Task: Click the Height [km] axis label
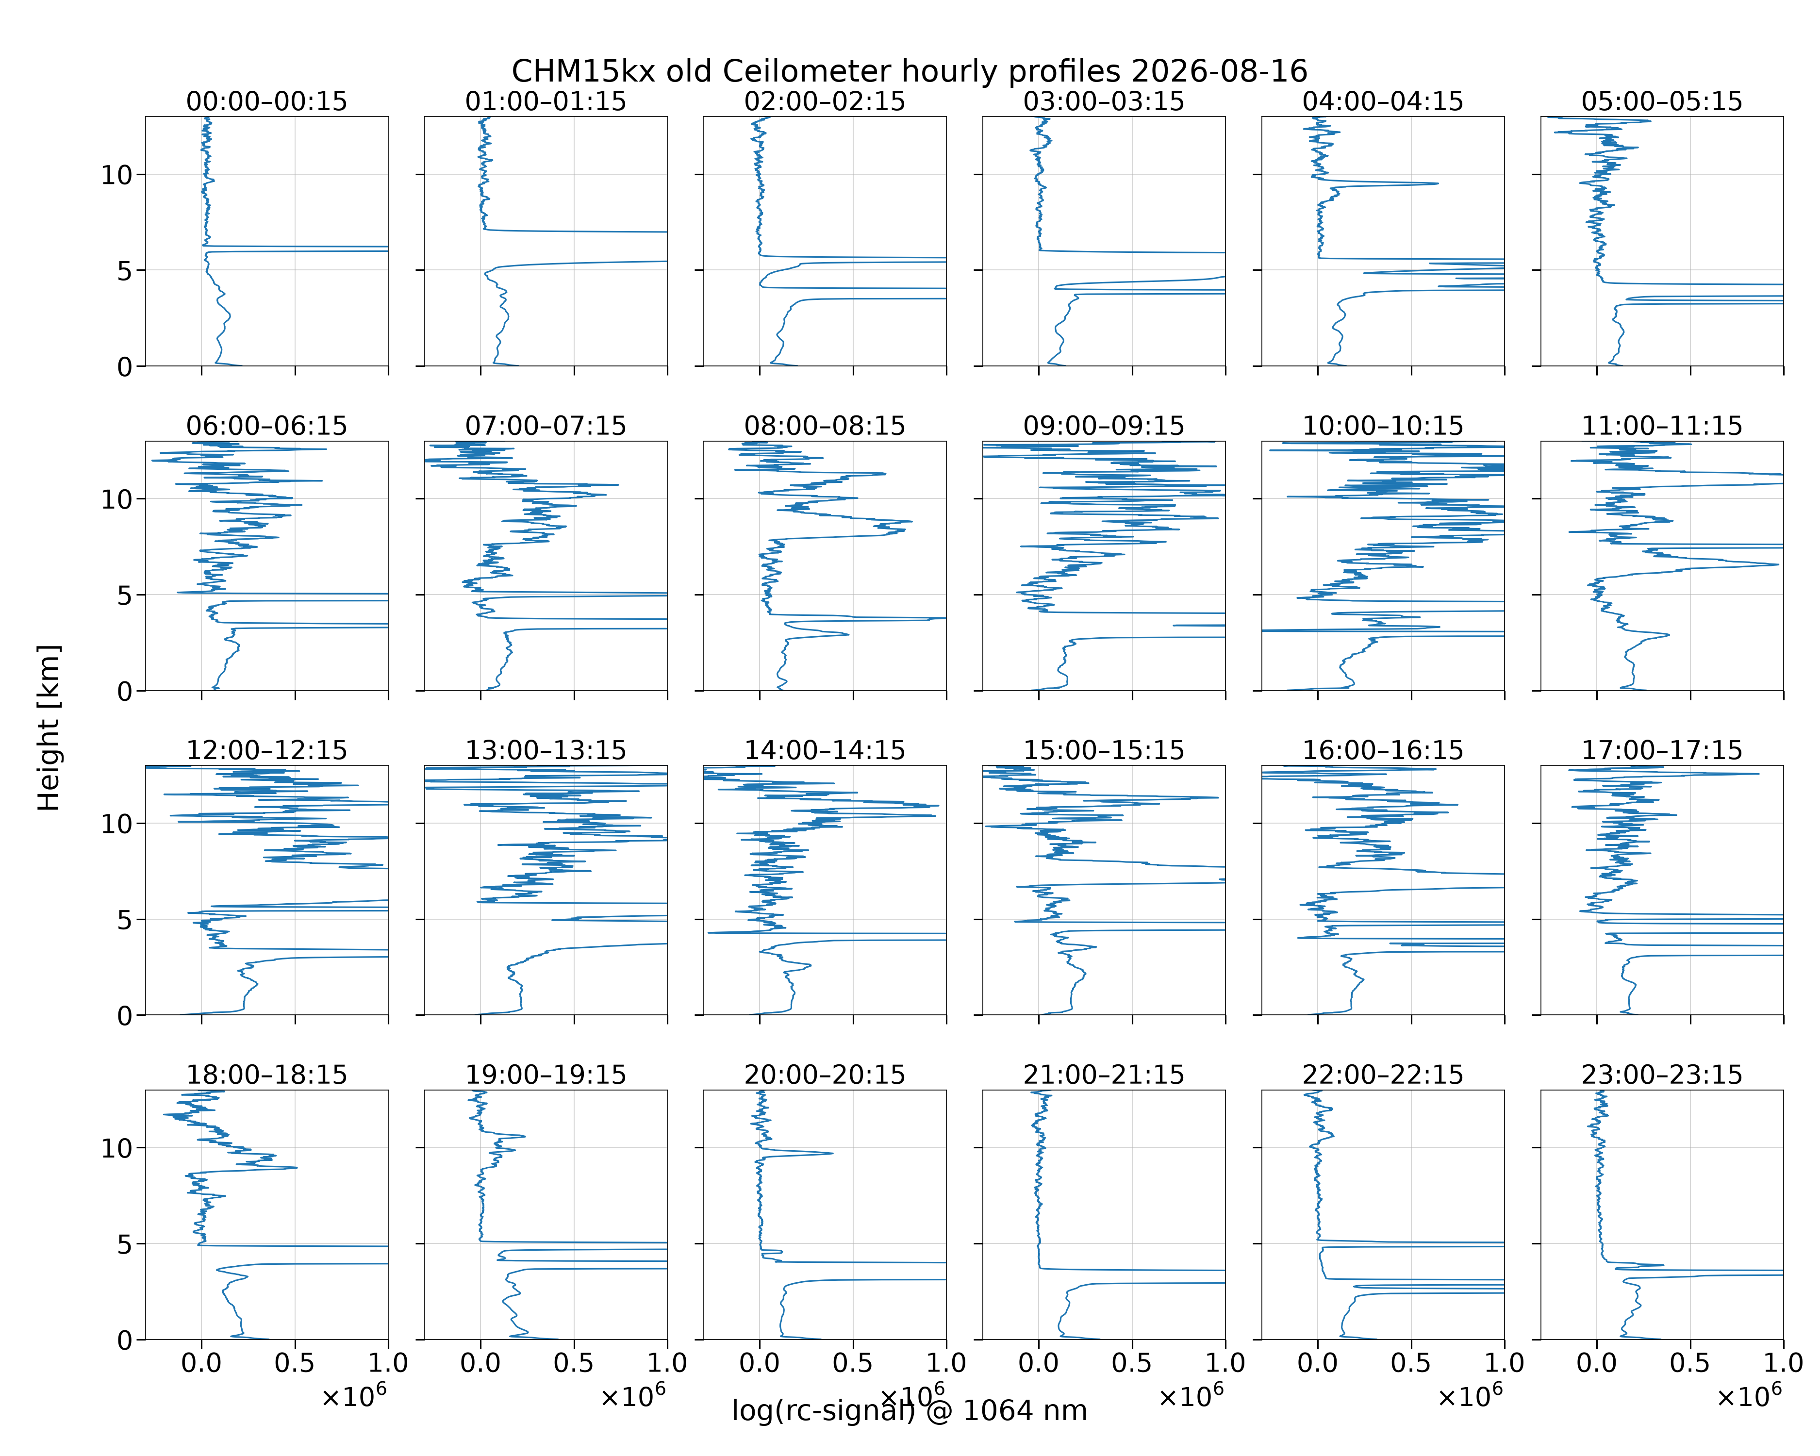coord(49,728)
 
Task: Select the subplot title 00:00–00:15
coord(267,101)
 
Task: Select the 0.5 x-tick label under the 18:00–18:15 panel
coord(295,1362)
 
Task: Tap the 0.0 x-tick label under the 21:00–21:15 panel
coord(1038,1362)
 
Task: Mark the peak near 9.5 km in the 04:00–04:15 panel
coord(1437,183)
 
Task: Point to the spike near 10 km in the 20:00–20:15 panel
coord(831,1153)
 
